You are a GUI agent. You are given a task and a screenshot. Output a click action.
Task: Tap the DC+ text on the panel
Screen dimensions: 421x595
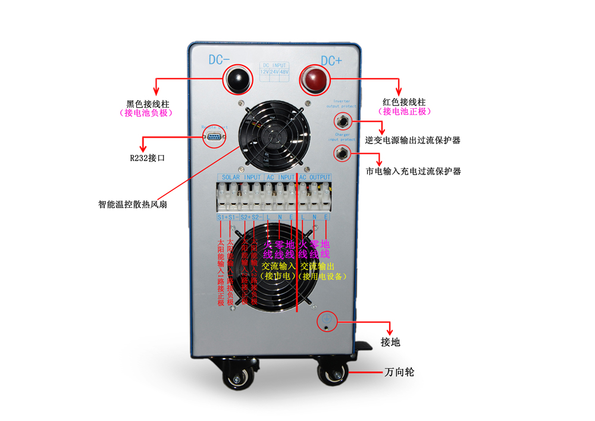331,61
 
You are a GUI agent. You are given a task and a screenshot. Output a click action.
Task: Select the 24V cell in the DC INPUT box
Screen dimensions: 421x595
274,71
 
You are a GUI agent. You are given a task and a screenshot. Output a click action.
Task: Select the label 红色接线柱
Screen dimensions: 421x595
405,102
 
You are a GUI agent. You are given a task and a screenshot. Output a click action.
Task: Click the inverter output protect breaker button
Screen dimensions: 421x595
342,122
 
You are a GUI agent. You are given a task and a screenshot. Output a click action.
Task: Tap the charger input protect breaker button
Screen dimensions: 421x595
342,154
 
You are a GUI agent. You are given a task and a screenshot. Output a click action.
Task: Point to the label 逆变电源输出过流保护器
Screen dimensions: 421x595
412,141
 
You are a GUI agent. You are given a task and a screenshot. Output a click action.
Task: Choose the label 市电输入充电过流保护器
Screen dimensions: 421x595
412,171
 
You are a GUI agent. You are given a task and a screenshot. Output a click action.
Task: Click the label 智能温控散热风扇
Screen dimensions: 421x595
133,204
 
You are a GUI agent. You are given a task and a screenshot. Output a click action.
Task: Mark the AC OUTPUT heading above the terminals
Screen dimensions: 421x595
315,177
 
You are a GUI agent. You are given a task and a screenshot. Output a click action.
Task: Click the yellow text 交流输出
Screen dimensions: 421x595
317,266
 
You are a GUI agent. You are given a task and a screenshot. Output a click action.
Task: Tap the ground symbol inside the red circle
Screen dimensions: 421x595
327,321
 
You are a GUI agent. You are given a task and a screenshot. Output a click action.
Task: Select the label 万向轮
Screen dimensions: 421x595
399,372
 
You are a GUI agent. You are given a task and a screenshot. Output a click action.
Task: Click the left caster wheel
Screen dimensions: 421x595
237,377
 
